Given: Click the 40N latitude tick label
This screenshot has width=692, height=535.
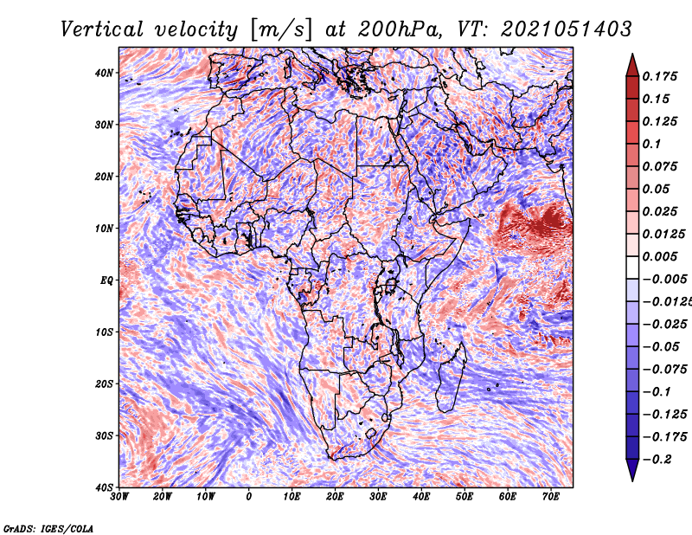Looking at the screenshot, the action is [103, 73].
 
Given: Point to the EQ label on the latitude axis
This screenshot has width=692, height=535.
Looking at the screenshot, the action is [106, 280].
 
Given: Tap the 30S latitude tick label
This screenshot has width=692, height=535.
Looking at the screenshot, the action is [104, 435].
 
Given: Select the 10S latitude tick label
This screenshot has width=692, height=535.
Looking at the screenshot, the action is [104, 332].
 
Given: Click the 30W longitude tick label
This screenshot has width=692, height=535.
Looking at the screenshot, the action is [119, 497].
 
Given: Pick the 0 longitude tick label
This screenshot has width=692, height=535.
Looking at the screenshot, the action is [249, 497].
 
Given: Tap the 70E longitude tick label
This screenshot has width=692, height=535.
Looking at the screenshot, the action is [551, 497].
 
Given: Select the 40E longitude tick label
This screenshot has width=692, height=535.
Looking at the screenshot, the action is [421, 497].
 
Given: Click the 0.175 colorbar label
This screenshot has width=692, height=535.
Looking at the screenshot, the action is [660, 77].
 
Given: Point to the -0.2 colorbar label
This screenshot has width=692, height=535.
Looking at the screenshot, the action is [657, 459].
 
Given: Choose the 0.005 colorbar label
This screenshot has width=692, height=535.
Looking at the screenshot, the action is [660, 256].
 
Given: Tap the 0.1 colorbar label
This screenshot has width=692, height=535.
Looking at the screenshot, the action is [651, 144].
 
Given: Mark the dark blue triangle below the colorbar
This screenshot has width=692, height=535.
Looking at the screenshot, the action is [632, 468].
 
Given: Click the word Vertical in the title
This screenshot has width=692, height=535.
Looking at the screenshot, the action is [102, 29].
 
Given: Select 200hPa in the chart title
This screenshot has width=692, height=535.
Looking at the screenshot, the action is [400, 29].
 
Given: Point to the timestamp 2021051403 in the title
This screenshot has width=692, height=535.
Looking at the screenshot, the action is [567, 29].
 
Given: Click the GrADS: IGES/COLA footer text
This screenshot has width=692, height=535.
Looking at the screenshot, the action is [48, 528].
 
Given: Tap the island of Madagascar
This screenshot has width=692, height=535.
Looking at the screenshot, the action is [451, 377].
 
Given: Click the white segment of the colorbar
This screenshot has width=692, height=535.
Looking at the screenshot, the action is [632, 267].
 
